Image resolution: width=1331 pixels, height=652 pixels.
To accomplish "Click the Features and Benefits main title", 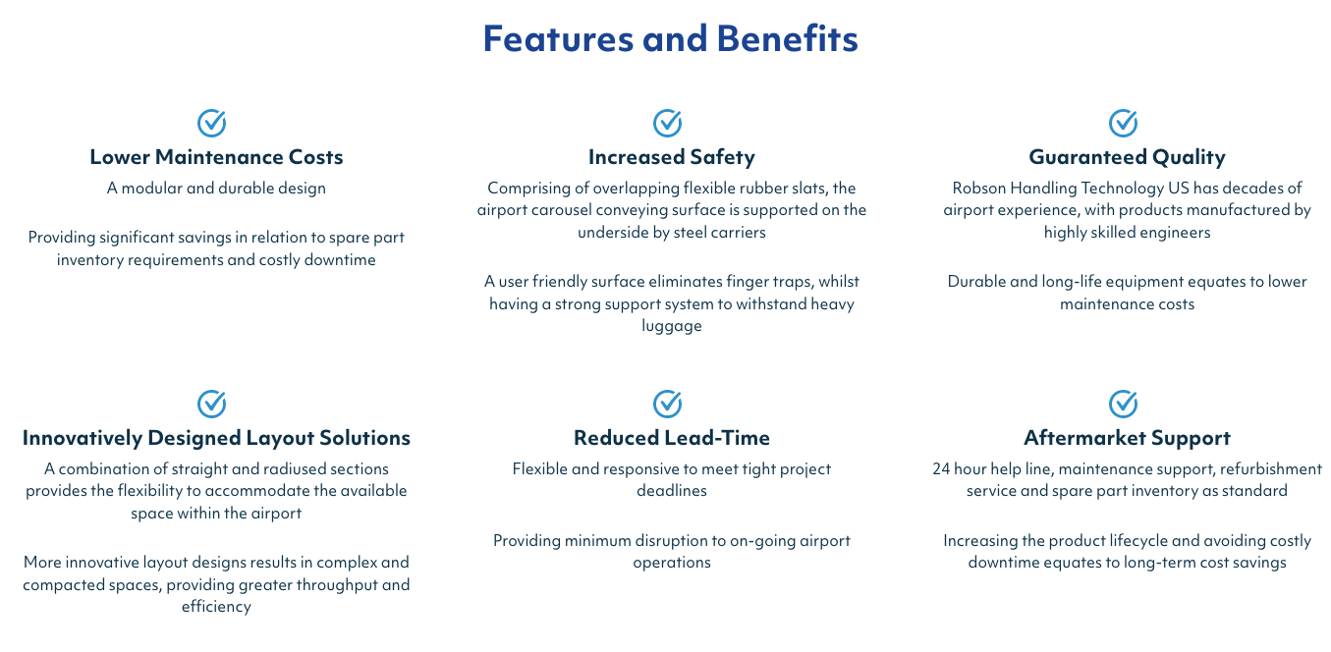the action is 670,38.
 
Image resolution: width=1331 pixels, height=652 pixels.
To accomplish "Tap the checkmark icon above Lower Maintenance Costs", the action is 211,123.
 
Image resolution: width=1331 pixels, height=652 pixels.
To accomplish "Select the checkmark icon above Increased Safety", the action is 667,123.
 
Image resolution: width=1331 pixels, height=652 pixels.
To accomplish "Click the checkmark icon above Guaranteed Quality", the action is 1123,123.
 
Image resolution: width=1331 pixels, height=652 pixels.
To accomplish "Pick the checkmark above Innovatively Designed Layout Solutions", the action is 211,404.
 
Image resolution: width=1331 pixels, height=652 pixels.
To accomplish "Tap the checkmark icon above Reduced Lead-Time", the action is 667,404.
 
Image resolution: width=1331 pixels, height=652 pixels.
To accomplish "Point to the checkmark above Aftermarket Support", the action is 1123,404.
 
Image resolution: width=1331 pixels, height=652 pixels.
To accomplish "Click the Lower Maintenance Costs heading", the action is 216,157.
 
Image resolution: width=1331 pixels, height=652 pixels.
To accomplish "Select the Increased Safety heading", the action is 672,157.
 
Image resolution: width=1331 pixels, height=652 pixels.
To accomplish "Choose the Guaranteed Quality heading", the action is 1128,157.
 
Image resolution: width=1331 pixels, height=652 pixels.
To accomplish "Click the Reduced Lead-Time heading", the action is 672,438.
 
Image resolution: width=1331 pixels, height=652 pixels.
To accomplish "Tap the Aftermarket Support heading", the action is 1128,438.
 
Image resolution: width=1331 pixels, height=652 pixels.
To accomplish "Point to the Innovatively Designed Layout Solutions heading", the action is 216,438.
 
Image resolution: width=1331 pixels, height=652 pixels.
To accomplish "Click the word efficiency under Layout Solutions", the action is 216,607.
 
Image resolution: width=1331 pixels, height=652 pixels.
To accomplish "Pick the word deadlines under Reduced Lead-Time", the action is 672,491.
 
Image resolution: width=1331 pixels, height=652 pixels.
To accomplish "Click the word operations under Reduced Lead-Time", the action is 672,563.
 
